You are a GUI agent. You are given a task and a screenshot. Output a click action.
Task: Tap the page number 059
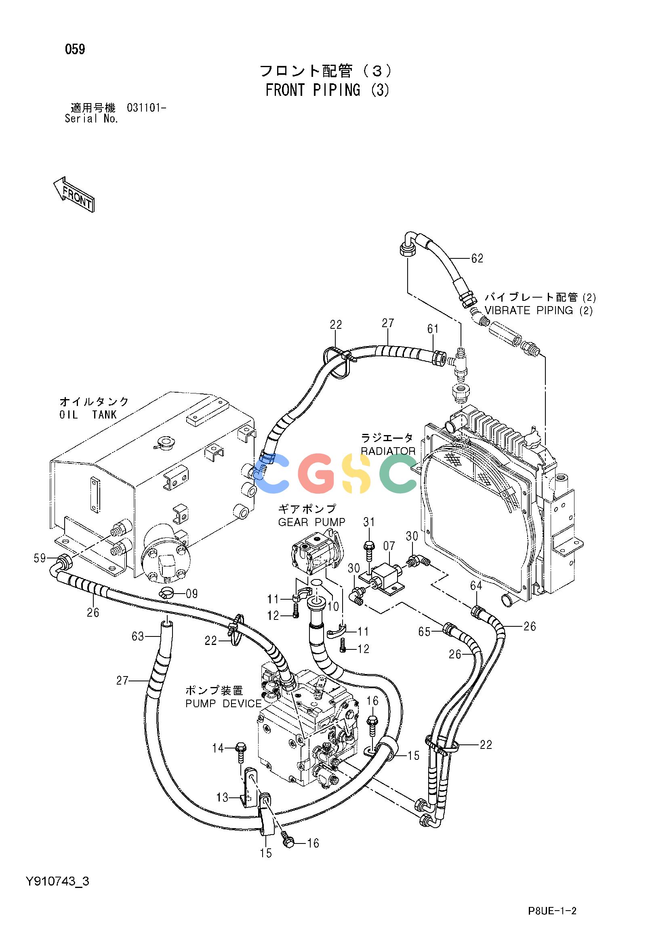75,49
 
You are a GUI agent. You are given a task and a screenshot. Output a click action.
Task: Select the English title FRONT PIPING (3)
327,90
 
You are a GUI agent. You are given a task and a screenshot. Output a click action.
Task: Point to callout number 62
477,259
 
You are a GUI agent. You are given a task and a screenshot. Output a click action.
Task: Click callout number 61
433,329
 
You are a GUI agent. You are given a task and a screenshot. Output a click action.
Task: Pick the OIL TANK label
88,415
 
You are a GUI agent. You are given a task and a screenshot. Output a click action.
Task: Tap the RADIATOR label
388,451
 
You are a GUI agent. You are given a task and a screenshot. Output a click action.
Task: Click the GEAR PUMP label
311,522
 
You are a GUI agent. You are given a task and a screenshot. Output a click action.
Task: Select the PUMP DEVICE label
223,704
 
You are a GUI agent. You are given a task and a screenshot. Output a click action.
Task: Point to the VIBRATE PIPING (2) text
539,311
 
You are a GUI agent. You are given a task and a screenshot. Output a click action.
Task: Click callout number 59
40,559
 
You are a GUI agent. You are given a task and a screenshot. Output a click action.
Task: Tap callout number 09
191,594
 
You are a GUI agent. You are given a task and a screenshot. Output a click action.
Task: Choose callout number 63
138,636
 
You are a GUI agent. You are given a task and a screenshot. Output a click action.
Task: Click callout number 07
389,546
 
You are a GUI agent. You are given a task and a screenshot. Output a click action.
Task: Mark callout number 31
369,522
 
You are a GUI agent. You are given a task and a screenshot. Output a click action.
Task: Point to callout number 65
424,632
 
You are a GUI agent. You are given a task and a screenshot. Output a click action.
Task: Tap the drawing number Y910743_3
57,882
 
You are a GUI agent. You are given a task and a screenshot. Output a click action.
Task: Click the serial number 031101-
146,108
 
